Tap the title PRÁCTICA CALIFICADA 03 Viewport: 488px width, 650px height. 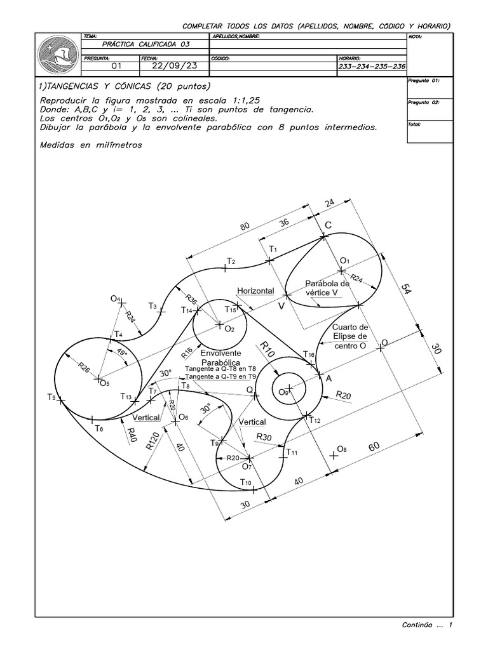coord(146,45)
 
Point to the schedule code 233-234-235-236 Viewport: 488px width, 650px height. coord(372,66)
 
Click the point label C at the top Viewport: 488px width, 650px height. coord(329,225)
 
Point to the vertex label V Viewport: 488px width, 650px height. coord(280,306)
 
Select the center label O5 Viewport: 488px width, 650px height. coord(104,383)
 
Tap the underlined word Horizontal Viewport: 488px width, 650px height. coord(255,291)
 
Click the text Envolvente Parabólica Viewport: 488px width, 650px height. coord(220,357)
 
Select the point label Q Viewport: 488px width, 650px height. coord(250,389)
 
